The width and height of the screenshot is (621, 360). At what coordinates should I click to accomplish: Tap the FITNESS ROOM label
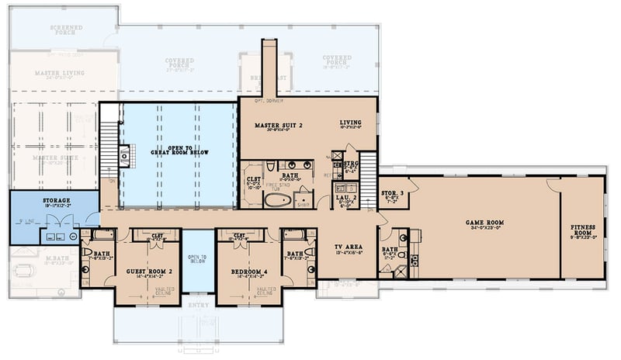click(x=583, y=230)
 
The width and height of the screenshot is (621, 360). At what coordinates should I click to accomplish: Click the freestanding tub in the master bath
click(x=276, y=199)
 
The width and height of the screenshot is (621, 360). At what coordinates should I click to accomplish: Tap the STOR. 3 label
click(x=390, y=192)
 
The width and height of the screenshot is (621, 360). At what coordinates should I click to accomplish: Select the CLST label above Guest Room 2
click(x=156, y=235)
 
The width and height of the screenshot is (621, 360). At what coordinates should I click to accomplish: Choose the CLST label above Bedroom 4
click(x=239, y=235)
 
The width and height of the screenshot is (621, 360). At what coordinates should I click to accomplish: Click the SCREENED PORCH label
click(x=67, y=29)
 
